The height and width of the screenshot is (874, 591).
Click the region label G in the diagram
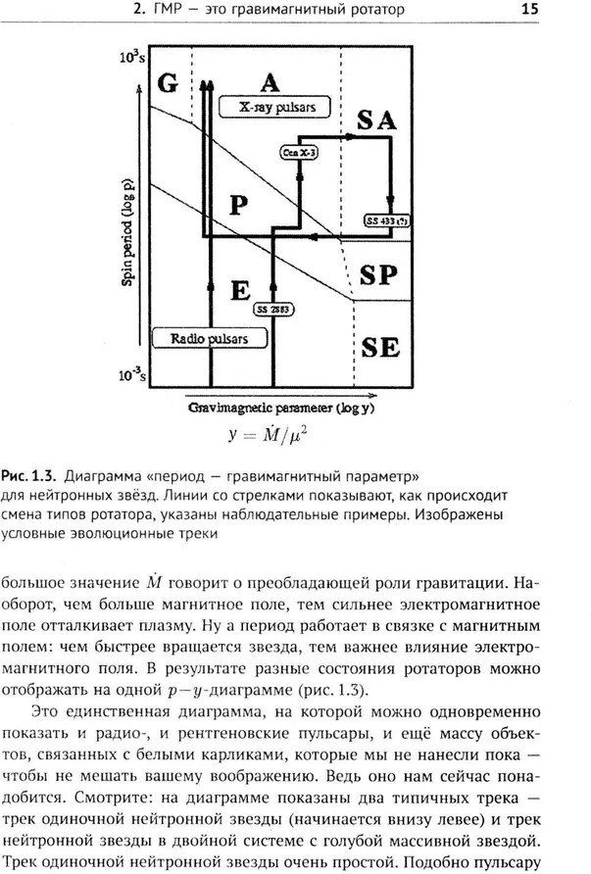(169, 82)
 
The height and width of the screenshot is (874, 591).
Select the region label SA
(377, 121)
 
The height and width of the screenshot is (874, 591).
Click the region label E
(242, 290)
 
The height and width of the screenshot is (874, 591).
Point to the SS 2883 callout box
(273, 310)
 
